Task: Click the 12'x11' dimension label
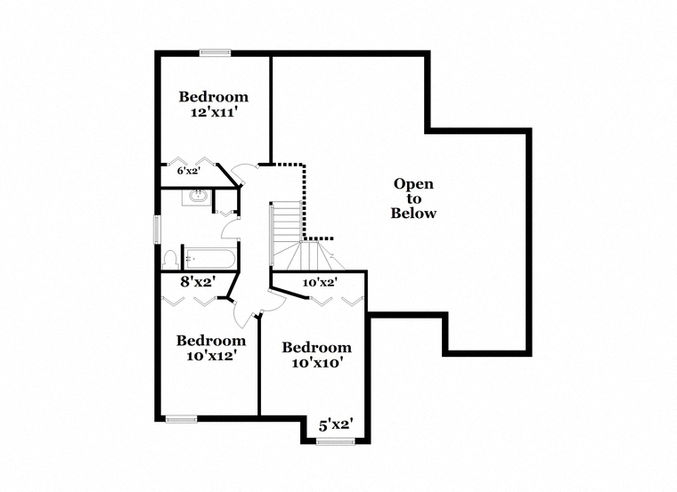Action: coord(215,112)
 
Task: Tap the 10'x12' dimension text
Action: coord(211,356)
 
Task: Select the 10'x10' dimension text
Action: coord(317,363)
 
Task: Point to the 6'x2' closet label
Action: coord(189,171)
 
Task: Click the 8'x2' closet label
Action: coord(198,282)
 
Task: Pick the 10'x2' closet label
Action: coord(320,283)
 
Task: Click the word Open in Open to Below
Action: coord(413,184)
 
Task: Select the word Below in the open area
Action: coord(413,213)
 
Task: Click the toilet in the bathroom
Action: coord(170,260)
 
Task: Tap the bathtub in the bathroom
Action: coord(209,259)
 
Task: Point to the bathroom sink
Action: coord(198,197)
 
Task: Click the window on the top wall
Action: coord(215,53)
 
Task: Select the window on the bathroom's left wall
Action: coord(158,230)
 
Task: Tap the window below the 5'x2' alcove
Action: coord(336,441)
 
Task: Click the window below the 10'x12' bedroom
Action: coord(182,419)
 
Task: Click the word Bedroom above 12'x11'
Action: coord(214,97)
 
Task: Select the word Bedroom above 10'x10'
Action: coord(317,348)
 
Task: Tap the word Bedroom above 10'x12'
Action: coord(211,341)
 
